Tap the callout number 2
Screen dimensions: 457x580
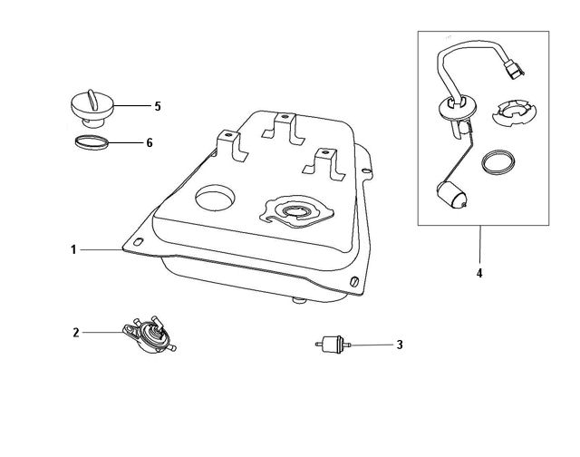click(x=76, y=333)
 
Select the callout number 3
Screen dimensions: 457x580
click(x=399, y=345)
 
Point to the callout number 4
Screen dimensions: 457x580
click(x=479, y=272)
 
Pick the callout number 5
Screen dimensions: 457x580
click(x=157, y=106)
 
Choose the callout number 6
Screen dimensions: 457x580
click(x=150, y=143)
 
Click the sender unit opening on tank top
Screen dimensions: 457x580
click(x=295, y=213)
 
